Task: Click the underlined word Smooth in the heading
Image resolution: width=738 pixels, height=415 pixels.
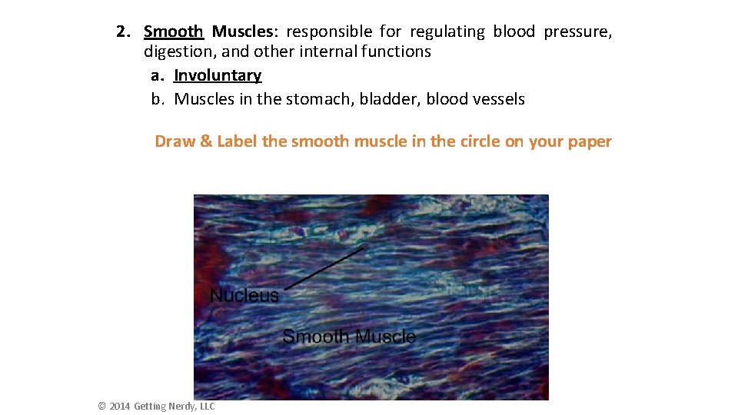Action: click(x=174, y=32)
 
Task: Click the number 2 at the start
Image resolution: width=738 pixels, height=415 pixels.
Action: click(x=121, y=32)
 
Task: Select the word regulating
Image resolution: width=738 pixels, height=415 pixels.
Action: click(x=447, y=32)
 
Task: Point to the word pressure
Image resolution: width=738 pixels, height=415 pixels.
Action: click(x=577, y=32)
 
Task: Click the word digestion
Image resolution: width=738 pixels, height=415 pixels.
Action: click(x=176, y=51)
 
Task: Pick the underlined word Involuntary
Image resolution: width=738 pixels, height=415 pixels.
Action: click(x=218, y=75)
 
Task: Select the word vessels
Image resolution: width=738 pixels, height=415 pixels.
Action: click(x=498, y=99)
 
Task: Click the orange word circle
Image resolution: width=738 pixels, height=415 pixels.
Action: click(x=477, y=141)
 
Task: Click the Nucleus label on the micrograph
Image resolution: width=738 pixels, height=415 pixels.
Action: click(x=244, y=295)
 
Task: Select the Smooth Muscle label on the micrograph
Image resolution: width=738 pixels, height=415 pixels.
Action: click(x=349, y=336)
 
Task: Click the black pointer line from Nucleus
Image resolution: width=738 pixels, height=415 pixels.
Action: click(x=323, y=268)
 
